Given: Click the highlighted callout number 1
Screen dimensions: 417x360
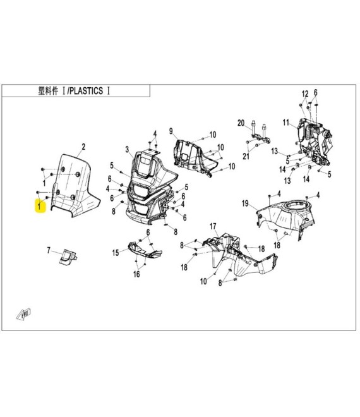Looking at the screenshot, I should pos(40,207).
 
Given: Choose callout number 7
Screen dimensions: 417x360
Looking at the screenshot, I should pos(48,251).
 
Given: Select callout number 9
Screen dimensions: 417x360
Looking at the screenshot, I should pos(171,130).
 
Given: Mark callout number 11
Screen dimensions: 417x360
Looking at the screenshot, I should pos(285,122).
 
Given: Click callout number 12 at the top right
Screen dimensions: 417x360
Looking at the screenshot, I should pos(304,93).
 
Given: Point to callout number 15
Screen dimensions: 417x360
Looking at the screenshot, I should pos(116,253).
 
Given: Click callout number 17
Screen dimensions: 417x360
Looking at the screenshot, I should pos(213,226).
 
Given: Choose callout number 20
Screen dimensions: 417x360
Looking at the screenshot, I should pos(240,122).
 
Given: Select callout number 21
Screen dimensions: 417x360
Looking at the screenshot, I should pos(247,155).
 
